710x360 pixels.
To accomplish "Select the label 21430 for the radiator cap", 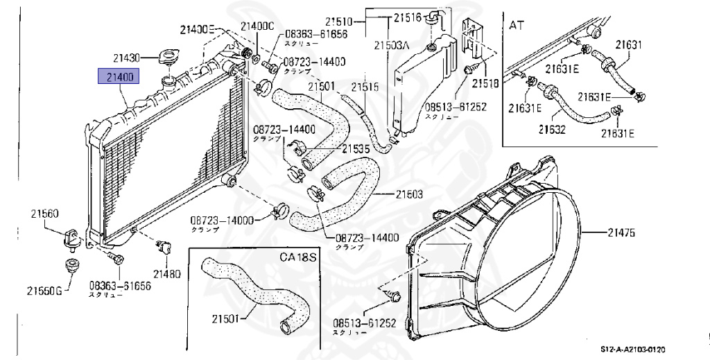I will (127, 57).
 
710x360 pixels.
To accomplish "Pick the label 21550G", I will (44, 289).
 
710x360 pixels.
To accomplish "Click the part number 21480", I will (167, 273).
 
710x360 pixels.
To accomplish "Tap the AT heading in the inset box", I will (516, 26).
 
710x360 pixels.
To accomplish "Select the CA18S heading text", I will (297, 257).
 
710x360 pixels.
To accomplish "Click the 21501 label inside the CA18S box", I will (225, 319).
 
